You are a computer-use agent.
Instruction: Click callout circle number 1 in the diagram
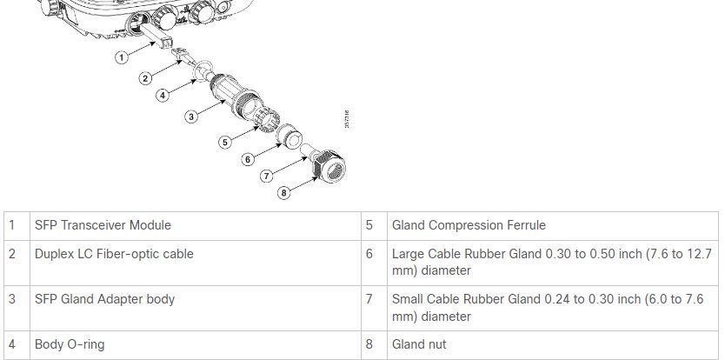(x=122, y=57)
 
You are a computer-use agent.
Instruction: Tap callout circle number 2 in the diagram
(x=146, y=78)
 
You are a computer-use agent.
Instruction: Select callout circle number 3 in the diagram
(x=190, y=117)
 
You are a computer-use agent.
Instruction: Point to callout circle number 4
(x=163, y=96)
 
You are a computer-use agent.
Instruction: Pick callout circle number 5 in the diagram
(x=225, y=141)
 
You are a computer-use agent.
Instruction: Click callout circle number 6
(x=248, y=159)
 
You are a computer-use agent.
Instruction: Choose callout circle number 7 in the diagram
(x=267, y=177)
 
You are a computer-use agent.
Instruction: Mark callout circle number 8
(x=284, y=193)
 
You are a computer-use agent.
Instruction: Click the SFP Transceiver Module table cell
(x=103, y=225)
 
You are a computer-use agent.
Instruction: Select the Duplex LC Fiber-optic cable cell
(x=114, y=254)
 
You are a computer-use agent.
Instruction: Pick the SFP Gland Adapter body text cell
(x=104, y=299)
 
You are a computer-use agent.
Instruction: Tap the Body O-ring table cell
(x=70, y=344)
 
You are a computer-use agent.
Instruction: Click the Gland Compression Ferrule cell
(x=469, y=225)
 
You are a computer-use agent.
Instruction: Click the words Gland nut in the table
(x=419, y=344)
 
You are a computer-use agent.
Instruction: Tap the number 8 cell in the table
(x=369, y=344)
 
